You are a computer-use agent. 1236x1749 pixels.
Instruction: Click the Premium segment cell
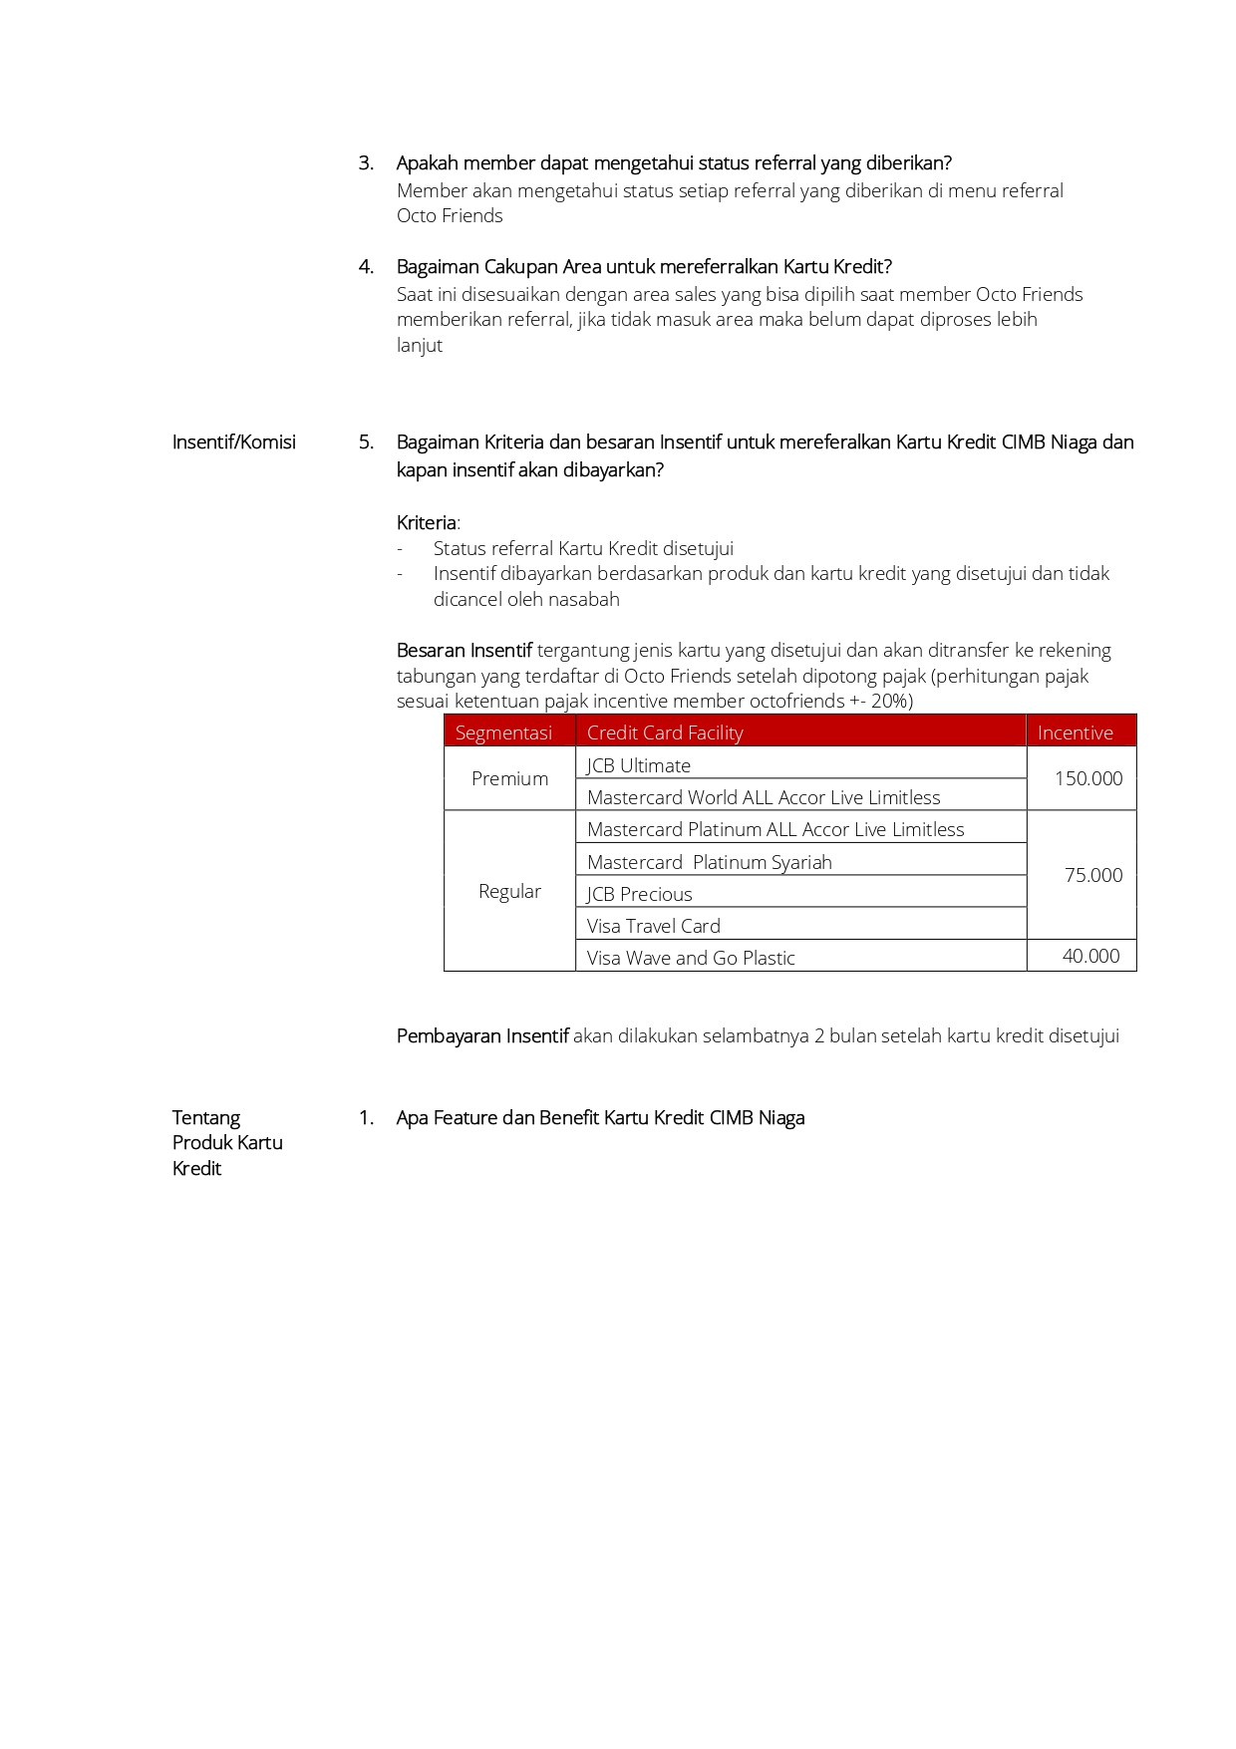point(509,778)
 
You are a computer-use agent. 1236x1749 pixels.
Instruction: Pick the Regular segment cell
point(509,891)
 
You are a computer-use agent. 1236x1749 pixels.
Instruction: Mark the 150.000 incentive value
point(1088,778)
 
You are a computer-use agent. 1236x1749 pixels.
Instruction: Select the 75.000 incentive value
point(1093,875)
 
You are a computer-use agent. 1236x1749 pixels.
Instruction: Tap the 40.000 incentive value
point(1090,956)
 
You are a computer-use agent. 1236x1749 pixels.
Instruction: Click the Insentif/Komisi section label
point(234,442)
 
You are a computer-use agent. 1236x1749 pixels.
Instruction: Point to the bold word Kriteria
point(427,523)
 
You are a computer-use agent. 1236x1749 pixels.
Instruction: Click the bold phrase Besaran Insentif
point(464,651)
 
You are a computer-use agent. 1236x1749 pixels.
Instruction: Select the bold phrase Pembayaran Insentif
point(482,1036)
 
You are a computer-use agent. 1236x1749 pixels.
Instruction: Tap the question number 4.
point(366,267)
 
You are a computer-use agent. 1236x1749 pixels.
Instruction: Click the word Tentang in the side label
point(206,1118)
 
